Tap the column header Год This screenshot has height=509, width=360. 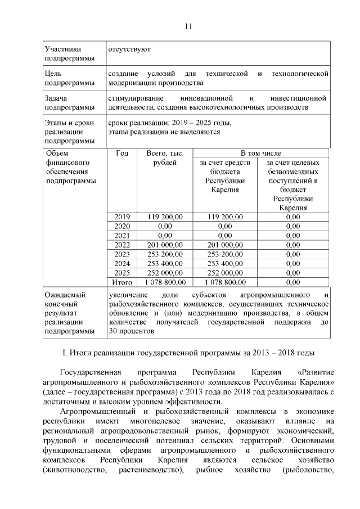click(x=121, y=153)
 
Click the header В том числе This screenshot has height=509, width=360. click(x=260, y=153)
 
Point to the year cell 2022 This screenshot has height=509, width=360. click(x=121, y=245)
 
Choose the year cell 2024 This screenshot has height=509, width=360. click(x=121, y=263)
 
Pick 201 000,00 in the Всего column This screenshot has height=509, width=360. click(x=165, y=245)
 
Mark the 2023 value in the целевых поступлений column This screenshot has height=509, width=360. click(x=292, y=254)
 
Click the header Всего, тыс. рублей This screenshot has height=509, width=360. click(x=165, y=158)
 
